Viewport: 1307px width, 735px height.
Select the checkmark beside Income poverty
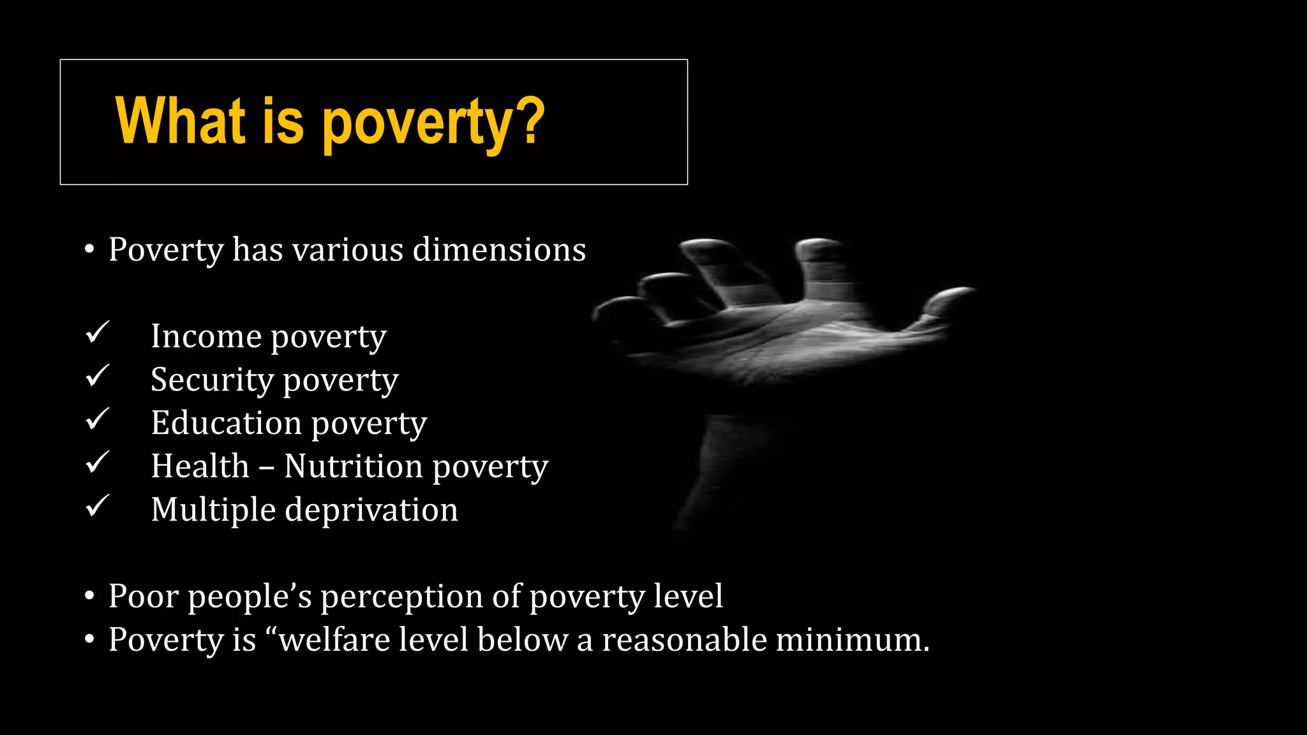pos(98,332)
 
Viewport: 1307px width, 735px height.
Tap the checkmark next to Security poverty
pos(98,376)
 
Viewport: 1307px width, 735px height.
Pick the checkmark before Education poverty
pos(98,419)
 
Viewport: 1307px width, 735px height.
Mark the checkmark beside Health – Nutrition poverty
pos(98,463)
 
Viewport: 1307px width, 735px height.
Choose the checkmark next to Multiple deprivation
pos(98,506)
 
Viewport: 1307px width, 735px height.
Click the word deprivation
pos(371,510)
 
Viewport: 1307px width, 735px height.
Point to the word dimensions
pos(499,249)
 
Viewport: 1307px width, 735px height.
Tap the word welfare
pos(335,639)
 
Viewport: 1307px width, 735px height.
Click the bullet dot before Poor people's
pos(89,597)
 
